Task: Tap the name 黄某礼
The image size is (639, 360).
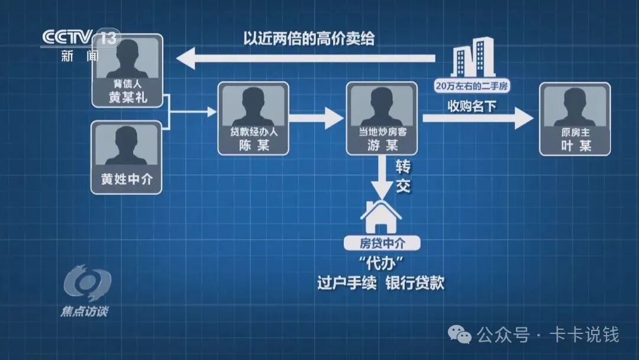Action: point(127,98)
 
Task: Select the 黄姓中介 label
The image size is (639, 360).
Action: point(126,179)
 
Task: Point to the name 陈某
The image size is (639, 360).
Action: point(253,145)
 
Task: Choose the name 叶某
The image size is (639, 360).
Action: point(575,145)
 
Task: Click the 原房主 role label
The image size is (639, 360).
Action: point(575,133)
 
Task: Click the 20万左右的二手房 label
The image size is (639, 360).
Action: point(472,86)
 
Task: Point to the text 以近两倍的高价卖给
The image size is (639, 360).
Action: point(309,39)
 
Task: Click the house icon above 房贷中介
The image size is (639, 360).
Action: point(381,217)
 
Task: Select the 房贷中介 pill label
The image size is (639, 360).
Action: point(382,243)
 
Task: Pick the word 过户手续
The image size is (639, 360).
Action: point(346,283)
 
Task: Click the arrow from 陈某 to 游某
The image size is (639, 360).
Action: point(317,117)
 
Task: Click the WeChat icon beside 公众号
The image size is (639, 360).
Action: point(459,335)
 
